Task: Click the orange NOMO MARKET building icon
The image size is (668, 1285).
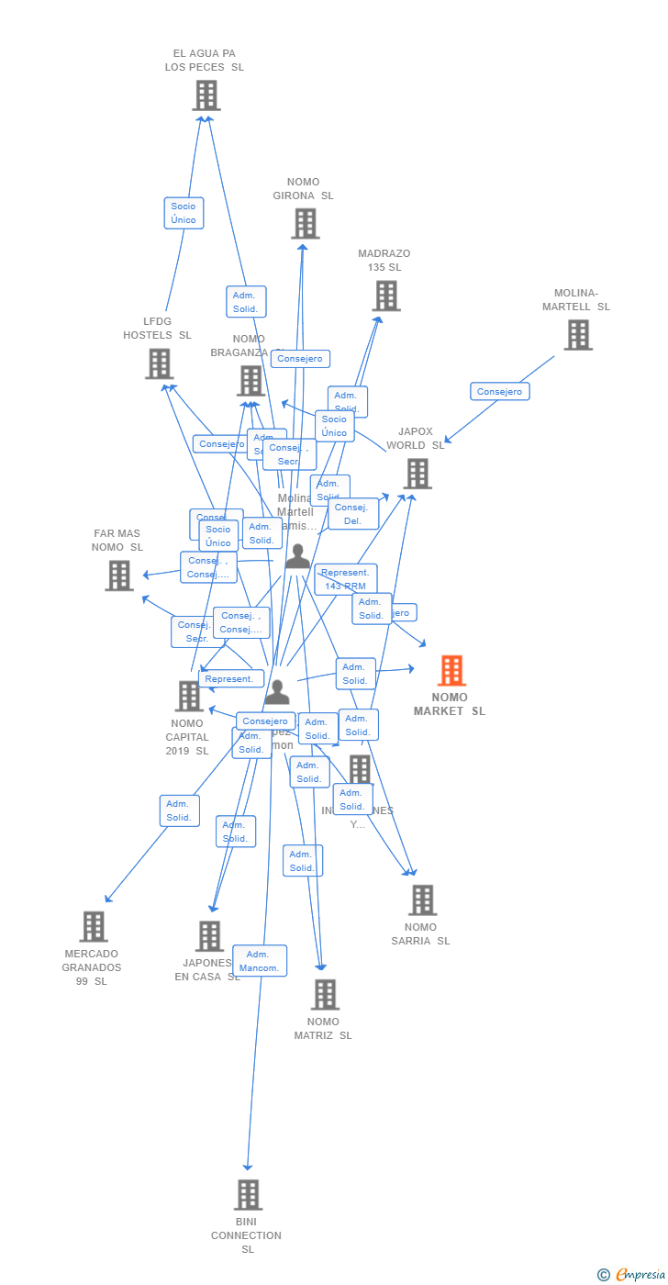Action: click(451, 671)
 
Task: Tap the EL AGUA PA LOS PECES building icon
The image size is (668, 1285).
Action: click(206, 95)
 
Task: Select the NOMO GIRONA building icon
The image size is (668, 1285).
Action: click(305, 223)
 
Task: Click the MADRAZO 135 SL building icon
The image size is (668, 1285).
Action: click(386, 296)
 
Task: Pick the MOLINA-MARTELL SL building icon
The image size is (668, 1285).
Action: click(577, 335)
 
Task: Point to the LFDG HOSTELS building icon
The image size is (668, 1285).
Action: click(160, 363)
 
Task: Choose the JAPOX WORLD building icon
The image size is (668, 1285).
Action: click(417, 474)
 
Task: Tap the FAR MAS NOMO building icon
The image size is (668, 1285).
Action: click(118, 575)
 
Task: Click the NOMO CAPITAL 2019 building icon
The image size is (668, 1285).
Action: click(189, 696)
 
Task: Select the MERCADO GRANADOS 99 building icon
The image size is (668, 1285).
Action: click(94, 927)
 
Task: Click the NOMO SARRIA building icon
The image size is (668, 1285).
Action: click(422, 900)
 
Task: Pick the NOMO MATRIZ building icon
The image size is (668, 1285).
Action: click(325, 994)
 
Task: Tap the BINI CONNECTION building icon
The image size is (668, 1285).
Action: click(248, 1195)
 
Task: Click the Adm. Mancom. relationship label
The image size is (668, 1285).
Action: click(259, 961)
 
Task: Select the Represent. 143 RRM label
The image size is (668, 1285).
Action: click(346, 579)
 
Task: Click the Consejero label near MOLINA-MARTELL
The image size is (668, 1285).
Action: click(500, 391)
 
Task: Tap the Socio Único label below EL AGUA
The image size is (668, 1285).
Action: click(184, 213)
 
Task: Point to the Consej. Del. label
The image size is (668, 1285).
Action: click(353, 514)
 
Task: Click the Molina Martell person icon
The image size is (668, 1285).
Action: click(297, 557)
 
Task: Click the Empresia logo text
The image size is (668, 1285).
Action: click(639, 1274)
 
